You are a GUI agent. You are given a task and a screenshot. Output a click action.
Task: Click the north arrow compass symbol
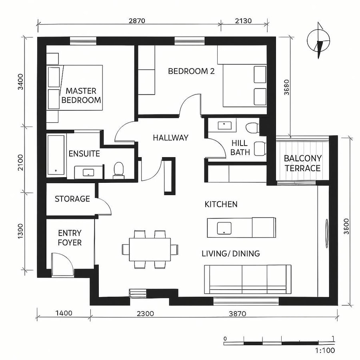(319, 42)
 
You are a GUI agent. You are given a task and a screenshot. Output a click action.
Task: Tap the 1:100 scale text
(325, 351)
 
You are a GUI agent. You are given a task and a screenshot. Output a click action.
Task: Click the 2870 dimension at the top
(136, 21)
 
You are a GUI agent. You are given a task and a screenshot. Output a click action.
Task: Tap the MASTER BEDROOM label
(81, 96)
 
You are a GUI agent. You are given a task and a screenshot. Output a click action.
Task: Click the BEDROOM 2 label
(191, 71)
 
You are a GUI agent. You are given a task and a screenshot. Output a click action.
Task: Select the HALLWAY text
(170, 138)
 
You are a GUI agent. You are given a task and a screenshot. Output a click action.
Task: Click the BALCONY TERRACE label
(302, 163)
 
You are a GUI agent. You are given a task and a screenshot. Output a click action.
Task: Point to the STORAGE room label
(72, 199)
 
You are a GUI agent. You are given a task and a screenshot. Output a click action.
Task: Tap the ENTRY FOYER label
(70, 238)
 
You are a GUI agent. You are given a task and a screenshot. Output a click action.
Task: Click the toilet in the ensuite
(119, 170)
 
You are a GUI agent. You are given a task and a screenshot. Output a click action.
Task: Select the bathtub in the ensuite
(56, 155)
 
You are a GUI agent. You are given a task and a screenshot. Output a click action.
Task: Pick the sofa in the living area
(248, 279)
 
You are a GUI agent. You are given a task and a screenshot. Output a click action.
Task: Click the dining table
(150, 249)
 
